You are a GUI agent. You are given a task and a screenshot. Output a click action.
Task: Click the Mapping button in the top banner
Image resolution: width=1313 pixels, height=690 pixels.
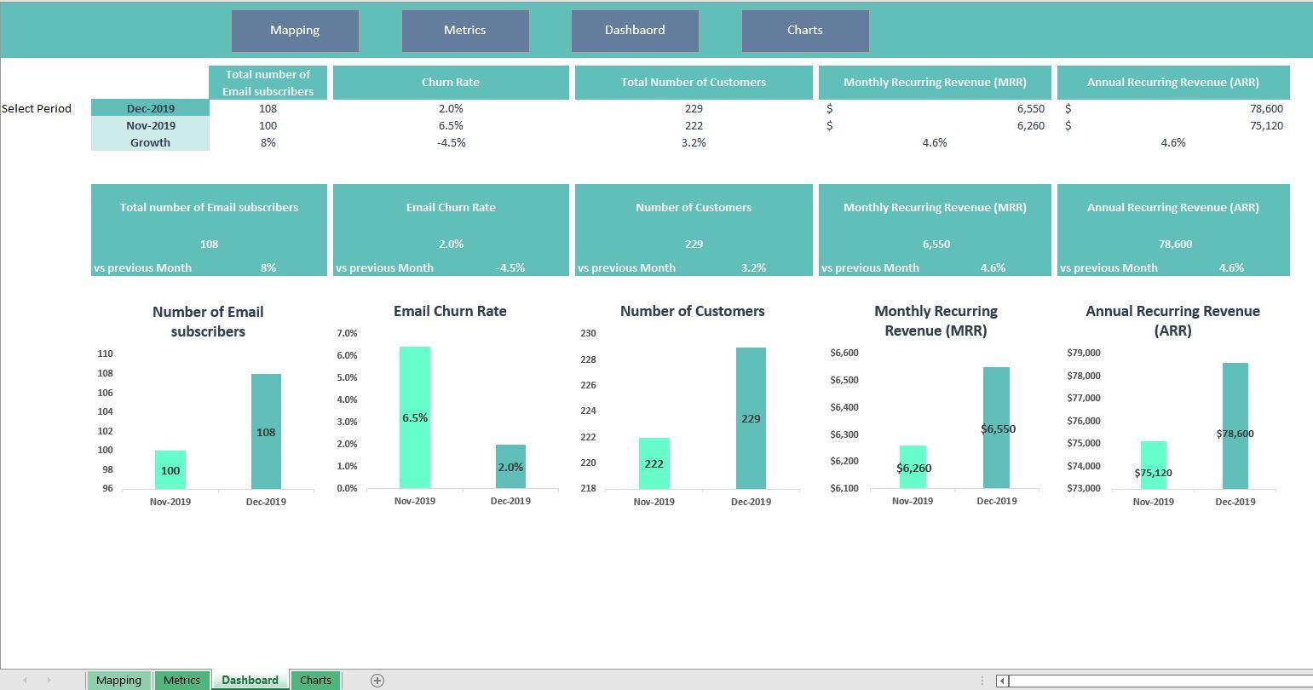coord(295,31)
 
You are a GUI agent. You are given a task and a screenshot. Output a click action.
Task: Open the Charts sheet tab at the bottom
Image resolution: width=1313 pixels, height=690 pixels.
coord(315,680)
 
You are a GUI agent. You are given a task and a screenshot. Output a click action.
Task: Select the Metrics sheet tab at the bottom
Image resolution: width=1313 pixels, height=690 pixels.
coord(181,680)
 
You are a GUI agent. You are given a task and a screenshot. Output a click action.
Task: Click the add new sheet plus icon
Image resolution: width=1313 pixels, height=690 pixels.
coord(377,680)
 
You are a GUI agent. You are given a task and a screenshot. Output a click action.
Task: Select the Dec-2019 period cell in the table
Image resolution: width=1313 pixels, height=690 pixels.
coord(150,108)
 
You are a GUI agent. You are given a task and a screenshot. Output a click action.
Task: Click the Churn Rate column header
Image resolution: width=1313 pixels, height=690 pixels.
coord(451,83)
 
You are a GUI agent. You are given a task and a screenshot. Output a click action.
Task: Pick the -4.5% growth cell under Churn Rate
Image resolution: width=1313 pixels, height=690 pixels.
coord(451,142)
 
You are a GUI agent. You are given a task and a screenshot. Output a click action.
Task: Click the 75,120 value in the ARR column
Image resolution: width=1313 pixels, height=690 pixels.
coord(1266,125)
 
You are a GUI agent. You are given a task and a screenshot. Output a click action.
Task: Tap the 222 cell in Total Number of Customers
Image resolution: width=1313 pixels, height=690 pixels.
coord(694,125)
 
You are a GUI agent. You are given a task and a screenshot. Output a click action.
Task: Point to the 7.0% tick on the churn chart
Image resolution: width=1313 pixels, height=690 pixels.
coord(347,333)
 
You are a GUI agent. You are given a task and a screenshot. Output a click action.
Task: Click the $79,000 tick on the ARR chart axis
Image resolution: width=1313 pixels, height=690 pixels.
coord(1084,353)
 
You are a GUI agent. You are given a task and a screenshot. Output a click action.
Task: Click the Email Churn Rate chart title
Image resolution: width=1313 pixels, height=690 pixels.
coord(450,312)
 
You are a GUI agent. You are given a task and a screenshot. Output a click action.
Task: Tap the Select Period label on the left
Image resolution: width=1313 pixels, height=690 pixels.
coord(37,108)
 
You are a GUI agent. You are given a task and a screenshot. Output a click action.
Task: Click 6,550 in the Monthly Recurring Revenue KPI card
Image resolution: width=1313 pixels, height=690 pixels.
coord(936,244)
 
